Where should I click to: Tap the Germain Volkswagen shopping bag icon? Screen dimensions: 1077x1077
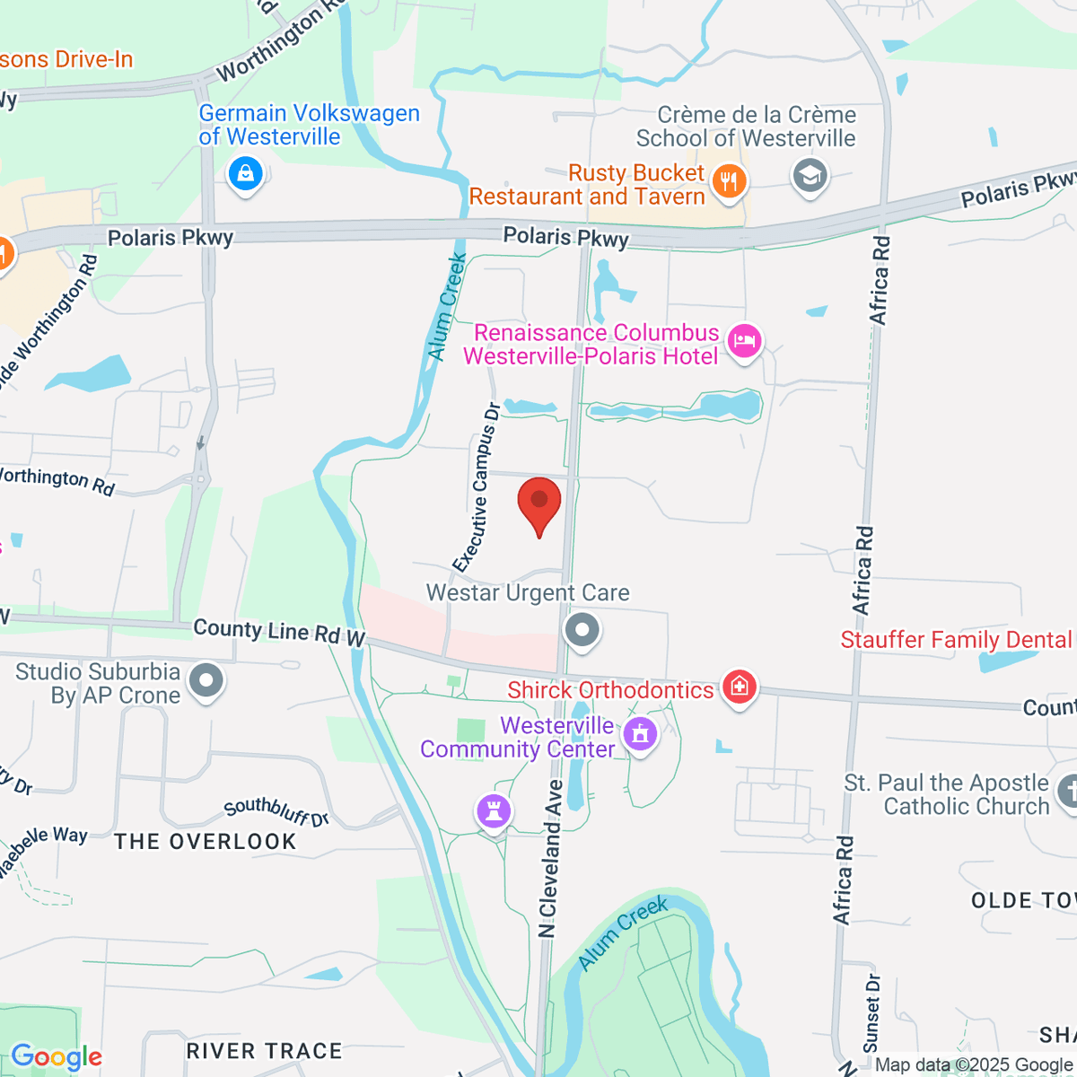tap(245, 173)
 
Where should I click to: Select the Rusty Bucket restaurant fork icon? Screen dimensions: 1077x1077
tap(729, 182)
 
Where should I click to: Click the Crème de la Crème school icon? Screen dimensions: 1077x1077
tap(810, 175)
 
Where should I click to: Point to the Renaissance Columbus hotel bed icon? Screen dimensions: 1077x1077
tap(744, 342)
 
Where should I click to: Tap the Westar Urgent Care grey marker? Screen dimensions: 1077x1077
tap(582, 630)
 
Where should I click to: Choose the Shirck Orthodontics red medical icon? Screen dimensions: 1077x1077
tap(739, 688)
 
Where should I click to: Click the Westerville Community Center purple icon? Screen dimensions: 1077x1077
tap(639, 735)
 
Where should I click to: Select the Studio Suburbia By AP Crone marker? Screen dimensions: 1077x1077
tap(206, 681)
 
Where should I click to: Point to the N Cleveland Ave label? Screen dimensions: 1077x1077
tap(550, 858)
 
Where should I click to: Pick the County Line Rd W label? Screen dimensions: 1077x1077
tap(279, 633)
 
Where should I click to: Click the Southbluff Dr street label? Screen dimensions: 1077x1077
tap(276, 811)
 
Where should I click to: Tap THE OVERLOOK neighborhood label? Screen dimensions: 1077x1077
tap(206, 842)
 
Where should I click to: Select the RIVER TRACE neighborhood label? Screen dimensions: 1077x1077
tap(264, 1051)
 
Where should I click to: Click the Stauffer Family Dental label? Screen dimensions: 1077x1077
tap(956, 640)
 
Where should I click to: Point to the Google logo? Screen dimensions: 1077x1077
tap(57, 1057)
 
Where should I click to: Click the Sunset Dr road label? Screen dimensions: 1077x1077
tap(871, 1012)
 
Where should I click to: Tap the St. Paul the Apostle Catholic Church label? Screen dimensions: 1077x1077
tap(946, 794)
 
